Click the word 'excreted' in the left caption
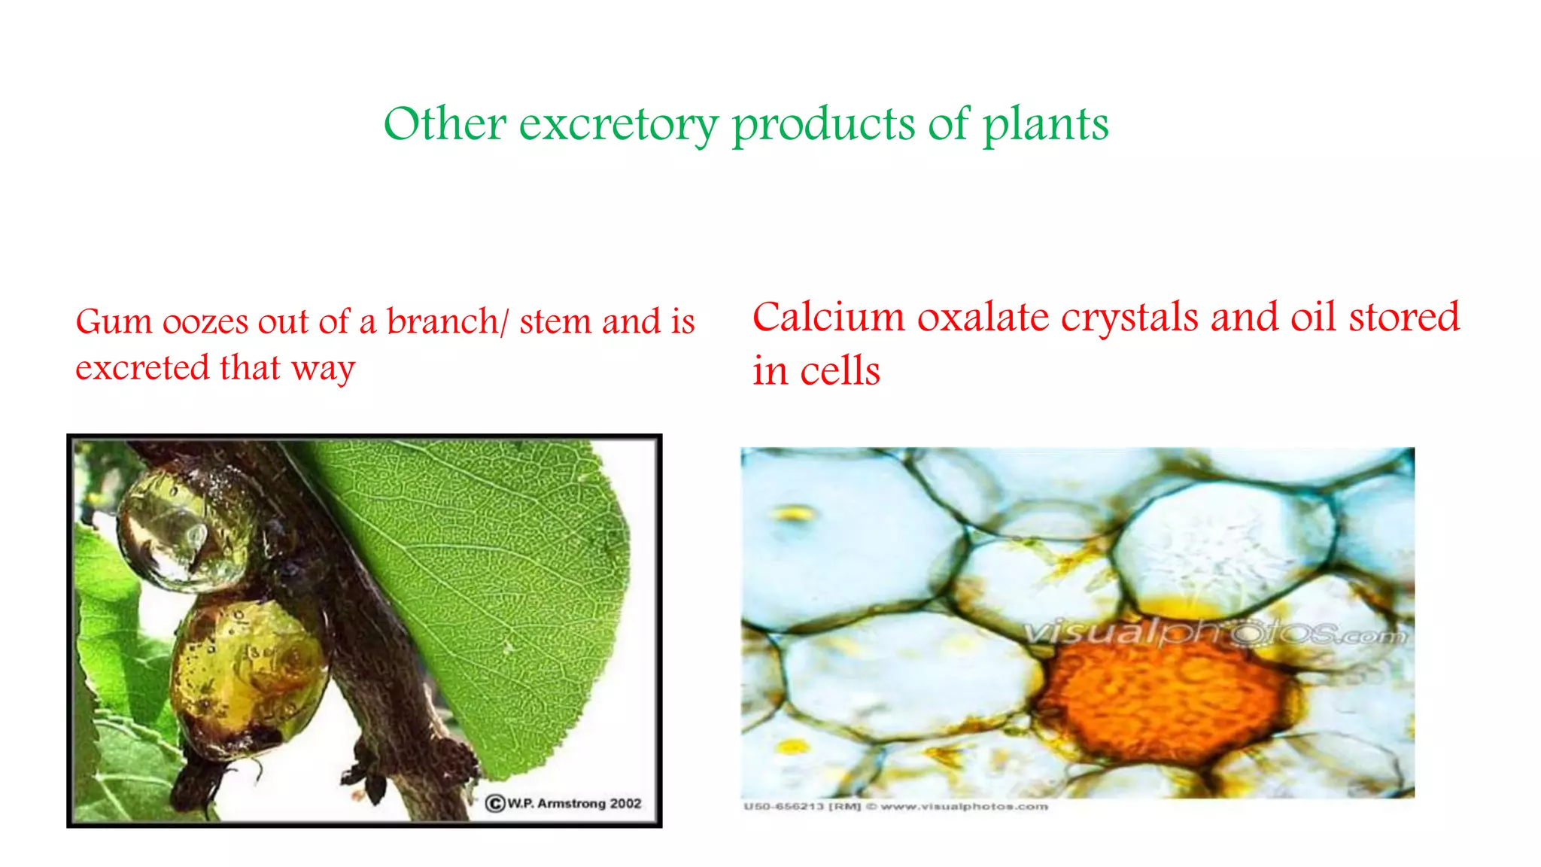142,368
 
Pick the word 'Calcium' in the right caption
828,317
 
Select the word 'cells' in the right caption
840,370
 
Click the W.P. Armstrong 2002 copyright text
564,804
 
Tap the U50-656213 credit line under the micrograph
895,807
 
